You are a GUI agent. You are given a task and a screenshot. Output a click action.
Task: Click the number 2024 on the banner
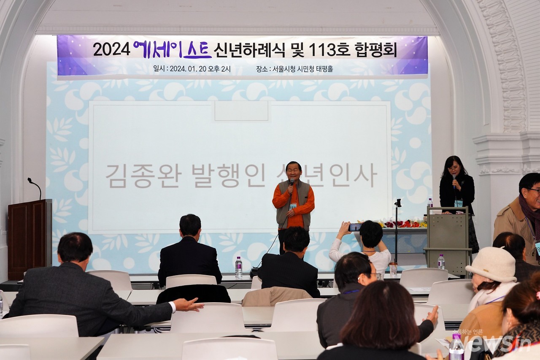[111, 49]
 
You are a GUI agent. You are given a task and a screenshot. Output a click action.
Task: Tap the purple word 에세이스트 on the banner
[172, 49]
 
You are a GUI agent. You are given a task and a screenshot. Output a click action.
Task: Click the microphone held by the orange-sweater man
[292, 183]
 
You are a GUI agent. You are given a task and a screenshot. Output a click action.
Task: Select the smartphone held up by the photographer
[355, 227]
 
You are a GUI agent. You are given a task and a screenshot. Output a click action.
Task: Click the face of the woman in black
[454, 168]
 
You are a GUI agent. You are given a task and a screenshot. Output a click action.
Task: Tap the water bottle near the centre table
[239, 268]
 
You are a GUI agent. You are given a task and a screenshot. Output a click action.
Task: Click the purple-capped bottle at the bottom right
[456, 347]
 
